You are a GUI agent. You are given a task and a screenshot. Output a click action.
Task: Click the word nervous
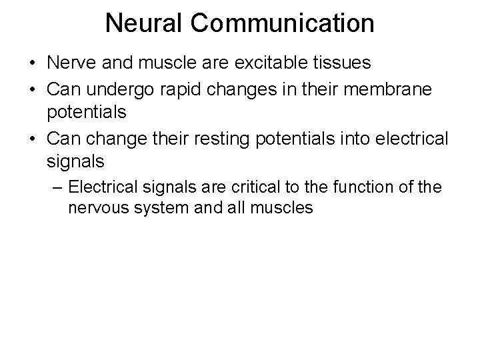[x=96, y=208]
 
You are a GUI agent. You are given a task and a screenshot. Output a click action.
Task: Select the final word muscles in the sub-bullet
[x=279, y=208]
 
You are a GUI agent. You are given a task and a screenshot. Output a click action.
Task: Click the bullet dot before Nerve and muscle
[x=31, y=65]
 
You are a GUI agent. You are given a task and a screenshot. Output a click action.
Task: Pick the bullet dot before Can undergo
[x=31, y=88]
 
